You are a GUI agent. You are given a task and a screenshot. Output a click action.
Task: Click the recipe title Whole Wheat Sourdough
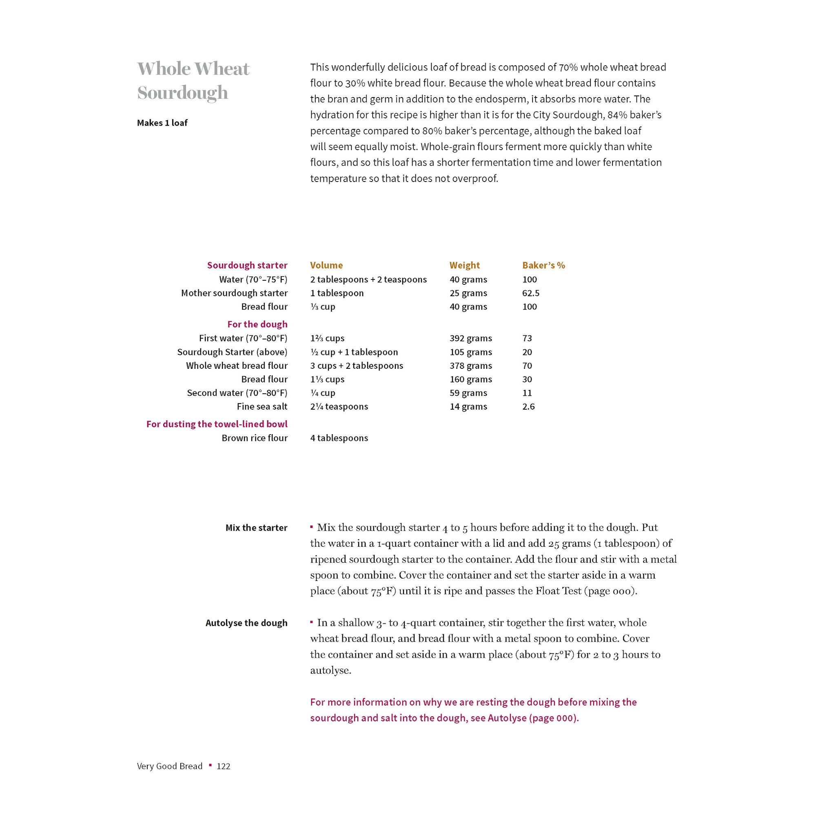193,80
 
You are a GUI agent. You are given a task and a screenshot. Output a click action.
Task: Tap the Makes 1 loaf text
162,123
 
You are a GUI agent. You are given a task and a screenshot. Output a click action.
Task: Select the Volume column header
326,265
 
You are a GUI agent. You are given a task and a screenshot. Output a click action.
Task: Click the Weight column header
464,265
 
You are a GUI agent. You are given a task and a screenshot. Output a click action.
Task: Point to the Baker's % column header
543,265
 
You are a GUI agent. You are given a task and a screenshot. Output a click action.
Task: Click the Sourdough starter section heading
247,265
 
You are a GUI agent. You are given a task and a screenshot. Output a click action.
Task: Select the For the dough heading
257,324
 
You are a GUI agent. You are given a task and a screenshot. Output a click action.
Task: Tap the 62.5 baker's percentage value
530,293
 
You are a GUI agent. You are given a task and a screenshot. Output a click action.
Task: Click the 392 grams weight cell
470,338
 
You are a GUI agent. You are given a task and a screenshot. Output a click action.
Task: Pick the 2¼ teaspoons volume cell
339,406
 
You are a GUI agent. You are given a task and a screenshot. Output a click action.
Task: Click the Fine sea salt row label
262,406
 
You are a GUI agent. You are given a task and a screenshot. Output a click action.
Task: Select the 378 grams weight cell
470,366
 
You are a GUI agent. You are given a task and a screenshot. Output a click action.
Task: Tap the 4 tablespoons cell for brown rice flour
339,438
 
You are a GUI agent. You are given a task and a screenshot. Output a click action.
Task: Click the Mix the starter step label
256,528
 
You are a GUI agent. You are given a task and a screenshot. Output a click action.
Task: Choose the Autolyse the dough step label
246,623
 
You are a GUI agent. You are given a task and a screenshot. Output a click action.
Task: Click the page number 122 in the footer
224,766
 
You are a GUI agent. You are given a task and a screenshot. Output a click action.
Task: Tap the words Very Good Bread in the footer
170,766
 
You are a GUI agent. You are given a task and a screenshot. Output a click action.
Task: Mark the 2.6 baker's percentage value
528,406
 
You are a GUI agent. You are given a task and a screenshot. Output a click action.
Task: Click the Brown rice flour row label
254,438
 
